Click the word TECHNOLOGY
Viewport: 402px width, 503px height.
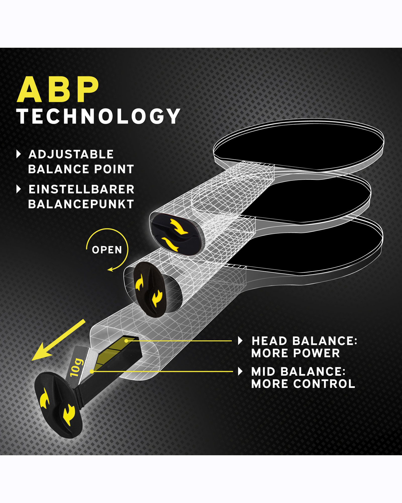coord(98,116)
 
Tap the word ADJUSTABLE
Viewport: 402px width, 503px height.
coord(71,154)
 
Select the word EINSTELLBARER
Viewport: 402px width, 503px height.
coord(81,189)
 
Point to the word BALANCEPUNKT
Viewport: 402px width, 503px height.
coord(81,204)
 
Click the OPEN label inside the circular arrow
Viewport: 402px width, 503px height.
coord(107,250)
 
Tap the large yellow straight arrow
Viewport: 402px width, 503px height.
coord(59,340)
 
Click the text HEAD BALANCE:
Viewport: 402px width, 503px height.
coord(304,341)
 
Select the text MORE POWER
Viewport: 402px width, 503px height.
coord(295,353)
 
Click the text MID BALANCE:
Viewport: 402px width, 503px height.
coord(298,371)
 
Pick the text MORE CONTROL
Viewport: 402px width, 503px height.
coord(303,384)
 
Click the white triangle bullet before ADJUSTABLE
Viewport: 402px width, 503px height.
coord(18,154)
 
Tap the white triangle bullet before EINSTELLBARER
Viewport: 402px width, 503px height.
coord(18,189)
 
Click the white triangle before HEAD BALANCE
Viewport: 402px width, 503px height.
coord(240,341)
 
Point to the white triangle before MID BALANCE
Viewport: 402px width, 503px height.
coord(240,371)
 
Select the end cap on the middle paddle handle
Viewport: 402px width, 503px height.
coord(149,289)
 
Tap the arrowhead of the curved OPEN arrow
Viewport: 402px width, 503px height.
coord(111,269)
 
